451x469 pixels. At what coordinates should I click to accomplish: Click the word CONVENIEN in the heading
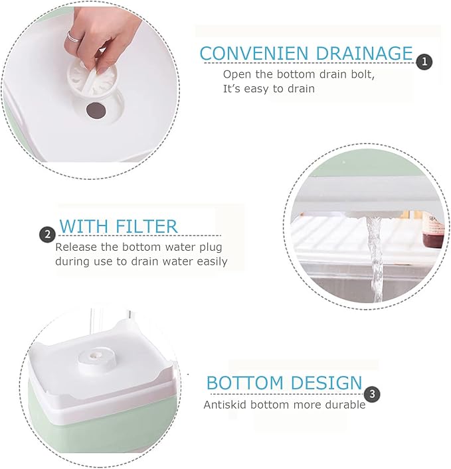tap(254, 54)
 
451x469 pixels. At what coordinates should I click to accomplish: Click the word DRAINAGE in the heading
tap(365, 54)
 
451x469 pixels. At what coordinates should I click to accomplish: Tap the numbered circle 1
tap(424, 62)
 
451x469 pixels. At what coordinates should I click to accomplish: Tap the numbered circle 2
tap(48, 235)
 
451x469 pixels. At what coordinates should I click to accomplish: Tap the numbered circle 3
tap(372, 394)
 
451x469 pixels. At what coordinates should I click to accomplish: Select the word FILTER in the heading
tap(147, 226)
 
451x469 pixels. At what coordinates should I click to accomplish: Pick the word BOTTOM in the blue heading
tap(245, 383)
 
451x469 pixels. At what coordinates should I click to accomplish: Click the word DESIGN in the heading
tap(327, 383)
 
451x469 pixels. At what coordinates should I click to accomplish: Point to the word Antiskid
tap(225, 405)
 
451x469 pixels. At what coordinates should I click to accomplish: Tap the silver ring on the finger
tap(73, 36)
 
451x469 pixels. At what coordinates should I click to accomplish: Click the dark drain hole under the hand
tap(96, 110)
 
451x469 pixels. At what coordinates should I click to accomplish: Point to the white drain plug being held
tap(92, 79)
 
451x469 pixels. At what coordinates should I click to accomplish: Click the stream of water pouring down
tap(375, 259)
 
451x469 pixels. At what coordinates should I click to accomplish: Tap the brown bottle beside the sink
tap(432, 231)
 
